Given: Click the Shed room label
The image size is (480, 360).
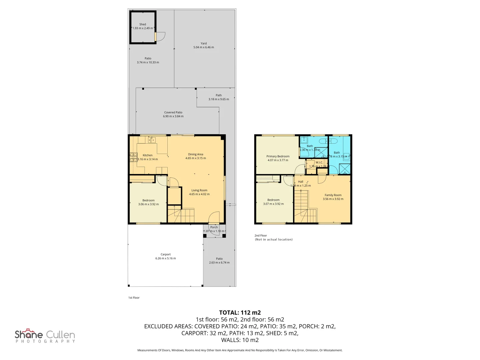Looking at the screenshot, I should point(143,24).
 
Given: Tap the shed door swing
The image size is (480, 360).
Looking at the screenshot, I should point(160,37).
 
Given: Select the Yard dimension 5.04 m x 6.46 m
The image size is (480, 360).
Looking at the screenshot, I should point(204,47).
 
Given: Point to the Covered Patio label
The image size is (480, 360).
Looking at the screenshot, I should point(173,112).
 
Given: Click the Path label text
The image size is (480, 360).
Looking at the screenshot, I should point(219,95).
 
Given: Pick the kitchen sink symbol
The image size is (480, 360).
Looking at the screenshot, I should point(152,140).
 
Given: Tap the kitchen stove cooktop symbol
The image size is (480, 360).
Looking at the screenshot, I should point(133,157).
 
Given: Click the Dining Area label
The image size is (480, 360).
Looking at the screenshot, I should point(195,154).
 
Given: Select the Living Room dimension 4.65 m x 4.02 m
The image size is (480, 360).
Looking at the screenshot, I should point(199,194).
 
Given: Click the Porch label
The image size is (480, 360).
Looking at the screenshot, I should point(214,227).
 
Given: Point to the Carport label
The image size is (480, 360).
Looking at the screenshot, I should point(165,254).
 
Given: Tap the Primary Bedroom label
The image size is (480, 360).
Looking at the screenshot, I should point(278,156).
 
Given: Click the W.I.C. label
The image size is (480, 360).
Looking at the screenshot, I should point(319,163).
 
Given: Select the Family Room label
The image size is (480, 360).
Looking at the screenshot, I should point(333,195).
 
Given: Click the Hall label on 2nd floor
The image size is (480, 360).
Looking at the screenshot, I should point(301,182).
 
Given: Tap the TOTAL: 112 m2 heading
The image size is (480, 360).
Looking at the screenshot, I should point(240,313).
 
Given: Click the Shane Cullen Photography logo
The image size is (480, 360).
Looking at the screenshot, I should point(45,336).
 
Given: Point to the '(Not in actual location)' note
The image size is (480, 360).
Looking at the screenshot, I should point(274,240).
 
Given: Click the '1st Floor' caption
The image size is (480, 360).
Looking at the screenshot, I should point(134,298).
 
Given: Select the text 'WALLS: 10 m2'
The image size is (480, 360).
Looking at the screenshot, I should point(240,340).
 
